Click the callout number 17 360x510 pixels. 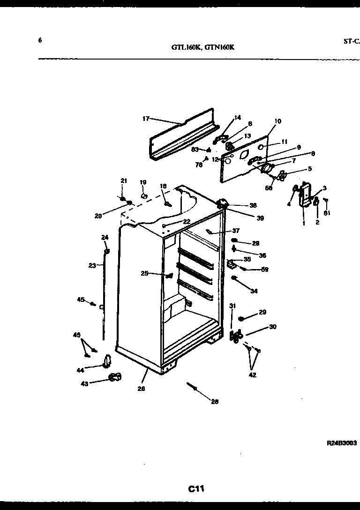tap(145, 119)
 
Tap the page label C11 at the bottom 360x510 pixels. tap(196, 489)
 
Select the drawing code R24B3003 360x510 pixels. tap(342, 442)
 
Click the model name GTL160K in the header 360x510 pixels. tap(186, 47)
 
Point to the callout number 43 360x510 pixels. tap(84, 383)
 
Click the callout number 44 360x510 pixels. tap(80, 370)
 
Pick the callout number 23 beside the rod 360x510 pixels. tap(92, 265)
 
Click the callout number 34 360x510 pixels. tap(254, 291)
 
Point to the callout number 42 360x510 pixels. tap(253, 375)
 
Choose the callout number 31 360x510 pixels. tap(232, 306)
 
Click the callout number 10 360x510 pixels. tap(277, 121)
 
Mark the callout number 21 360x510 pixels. tap(124, 181)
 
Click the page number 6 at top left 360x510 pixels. tap(40, 40)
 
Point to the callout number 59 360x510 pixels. tap(265, 270)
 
